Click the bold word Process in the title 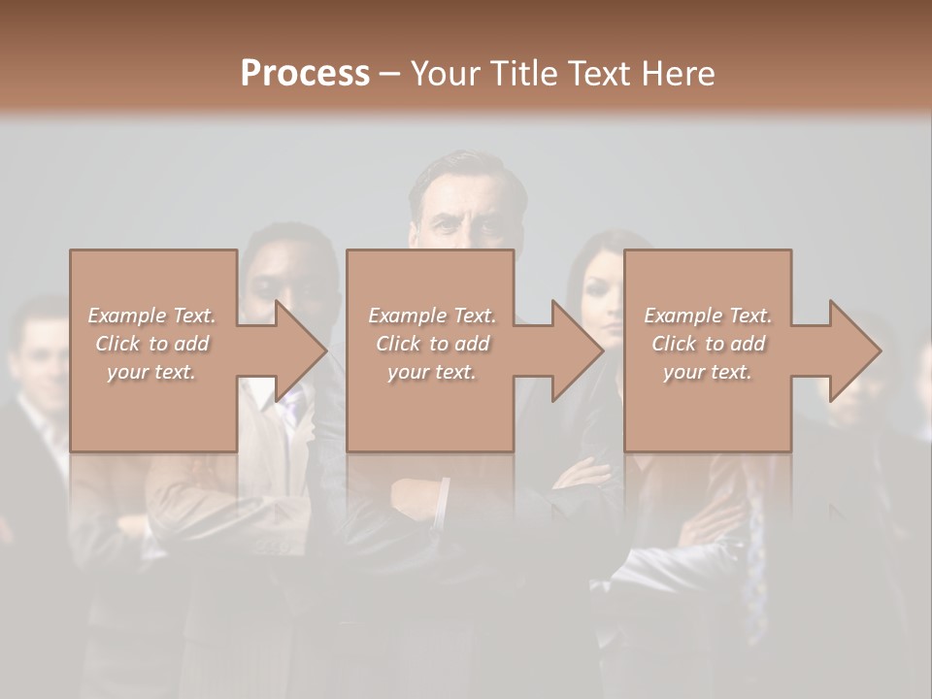click(305, 74)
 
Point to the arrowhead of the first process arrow click(304, 350)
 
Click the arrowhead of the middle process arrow click(580, 350)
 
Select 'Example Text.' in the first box click(151, 316)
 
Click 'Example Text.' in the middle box click(431, 316)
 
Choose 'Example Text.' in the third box click(708, 316)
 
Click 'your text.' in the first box click(151, 372)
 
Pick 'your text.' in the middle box click(431, 372)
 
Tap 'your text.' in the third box click(708, 372)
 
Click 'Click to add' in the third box click(708, 344)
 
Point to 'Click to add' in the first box click(151, 344)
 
